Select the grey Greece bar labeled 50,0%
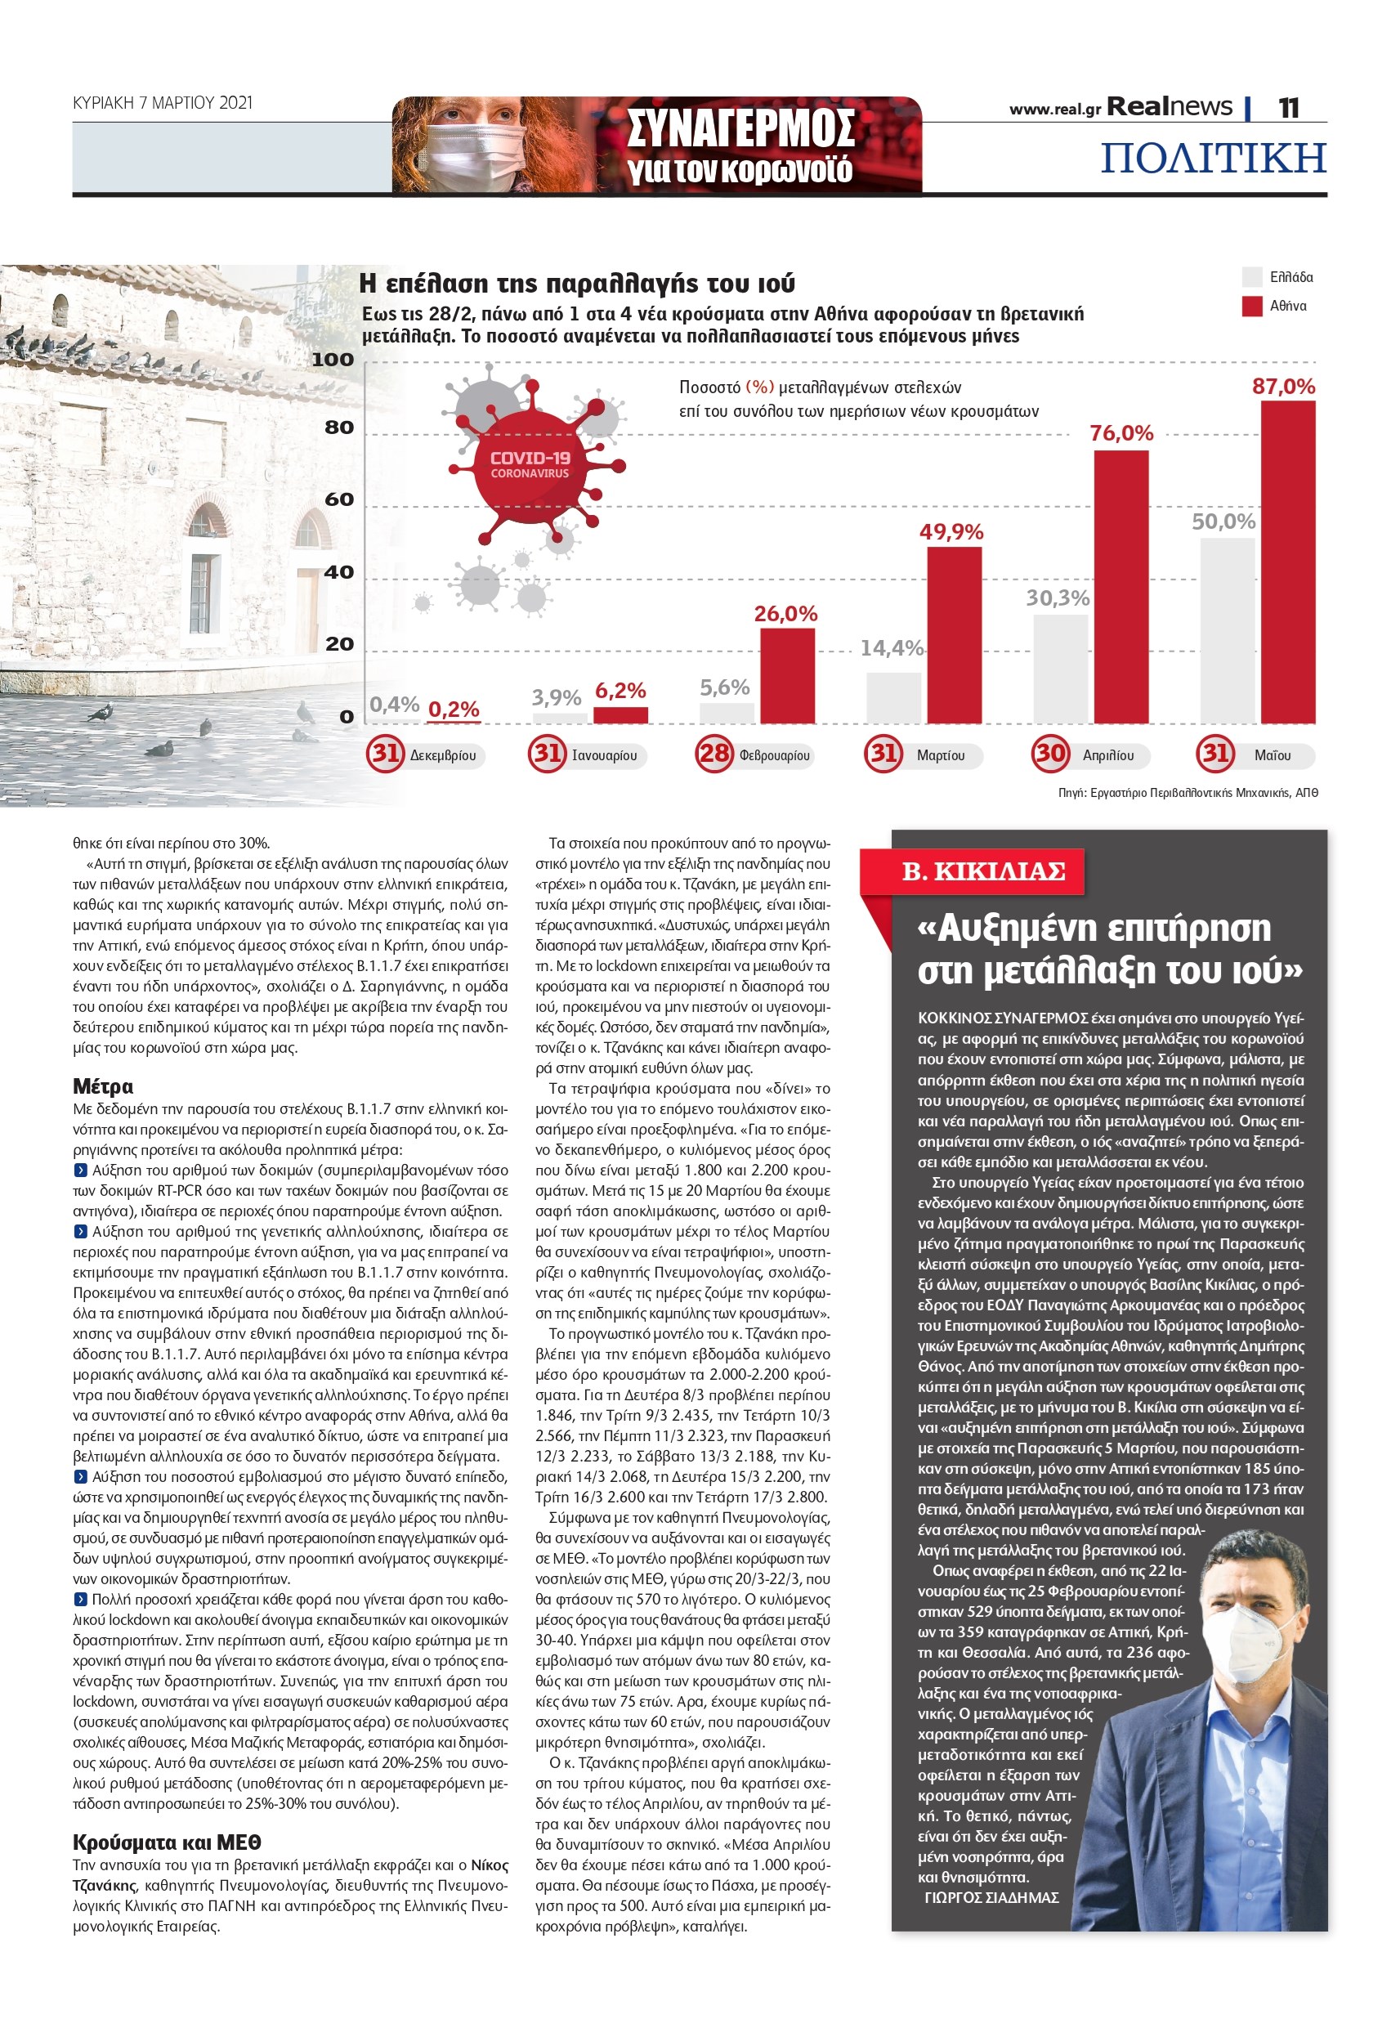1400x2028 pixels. [x=1226, y=629]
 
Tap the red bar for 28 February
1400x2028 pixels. [x=787, y=675]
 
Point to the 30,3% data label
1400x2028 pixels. [x=1057, y=598]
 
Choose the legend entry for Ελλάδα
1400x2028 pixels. [x=1290, y=277]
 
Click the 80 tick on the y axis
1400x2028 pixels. [x=338, y=428]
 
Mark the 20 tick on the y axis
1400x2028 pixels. [x=338, y=644]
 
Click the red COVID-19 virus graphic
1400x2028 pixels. [x=530, y=465]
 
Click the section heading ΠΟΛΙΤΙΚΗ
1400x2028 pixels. [x=1212, y=159]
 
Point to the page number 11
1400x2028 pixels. [x=1288, y=108]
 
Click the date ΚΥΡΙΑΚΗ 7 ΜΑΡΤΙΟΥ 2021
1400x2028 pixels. [x=163, y=104]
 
